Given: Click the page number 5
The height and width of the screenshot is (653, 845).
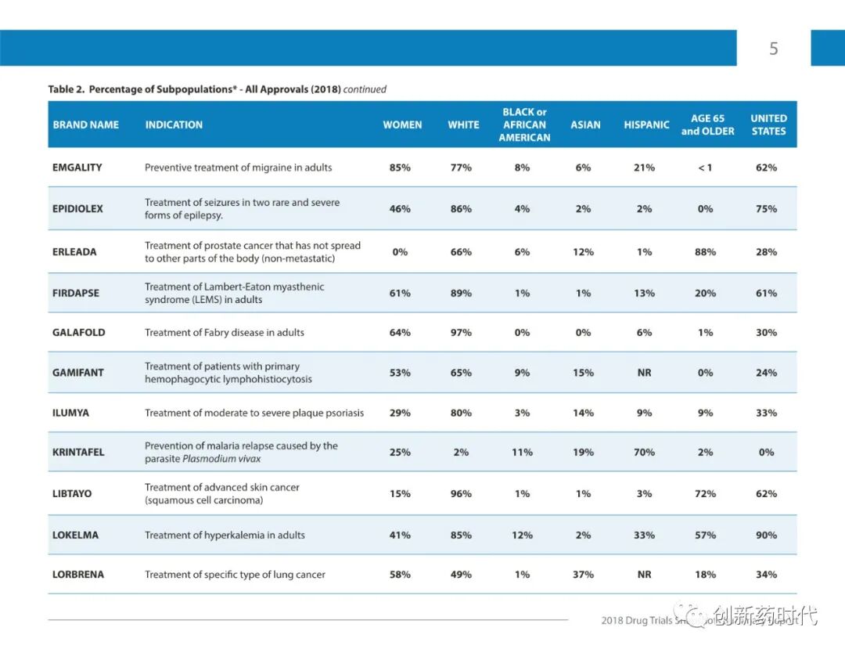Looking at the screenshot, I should pyautogui.click(x=774, y=49).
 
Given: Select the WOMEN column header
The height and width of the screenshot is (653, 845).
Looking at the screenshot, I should pyautogui.click(x=402, y=124).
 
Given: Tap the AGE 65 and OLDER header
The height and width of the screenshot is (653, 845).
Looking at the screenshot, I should pyautogui.click(x=707, y=124).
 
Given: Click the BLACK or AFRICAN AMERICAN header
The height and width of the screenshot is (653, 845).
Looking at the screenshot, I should pyautogui.click(x=524, y=124).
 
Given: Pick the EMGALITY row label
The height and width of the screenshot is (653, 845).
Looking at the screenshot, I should pyautogui.click(x=77, y=168).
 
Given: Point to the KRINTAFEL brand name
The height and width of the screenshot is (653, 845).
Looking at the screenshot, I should pyautogui.click(x=78, y=452).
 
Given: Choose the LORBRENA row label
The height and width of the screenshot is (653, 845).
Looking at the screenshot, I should pyautogui.click(x=78, y=574).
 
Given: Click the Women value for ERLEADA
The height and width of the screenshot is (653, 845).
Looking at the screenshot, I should pyautogui.click(x=400, y=252).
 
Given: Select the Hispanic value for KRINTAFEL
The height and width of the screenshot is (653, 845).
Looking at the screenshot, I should pyautogui.click(x=645, y=452).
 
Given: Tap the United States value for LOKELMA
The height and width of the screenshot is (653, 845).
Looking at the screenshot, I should pyautogui.click(x=766, y=535).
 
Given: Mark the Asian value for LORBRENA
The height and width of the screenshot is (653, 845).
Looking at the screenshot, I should pyautogui.click(x=583, y=574).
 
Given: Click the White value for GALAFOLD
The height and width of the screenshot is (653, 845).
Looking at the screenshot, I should pyautogui.click(x=461, y=332).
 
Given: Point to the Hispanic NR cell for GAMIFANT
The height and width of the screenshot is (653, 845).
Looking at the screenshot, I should pyautogui.click(x=644, y=373).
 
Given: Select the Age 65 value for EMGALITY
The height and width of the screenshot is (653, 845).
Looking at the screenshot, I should pyautogui.click(x=705, y=168).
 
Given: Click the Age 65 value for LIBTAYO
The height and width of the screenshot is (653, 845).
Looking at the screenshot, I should pyautogui.click(x=705, y=493).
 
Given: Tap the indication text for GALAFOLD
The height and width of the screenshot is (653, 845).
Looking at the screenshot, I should pyautogui.click(x=225, y=332).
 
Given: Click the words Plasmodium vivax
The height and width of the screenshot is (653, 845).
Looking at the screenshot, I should pyautogui.click(x=221, y=459).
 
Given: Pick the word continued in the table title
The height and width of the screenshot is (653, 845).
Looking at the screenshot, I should pyautogui.click(x=365, y=89).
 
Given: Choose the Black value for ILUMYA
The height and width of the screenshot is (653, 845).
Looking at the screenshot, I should pyautogui.click(x=522, y=413).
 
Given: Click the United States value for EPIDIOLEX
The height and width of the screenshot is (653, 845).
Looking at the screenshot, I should pyautogui.click(x=766, y=208).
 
